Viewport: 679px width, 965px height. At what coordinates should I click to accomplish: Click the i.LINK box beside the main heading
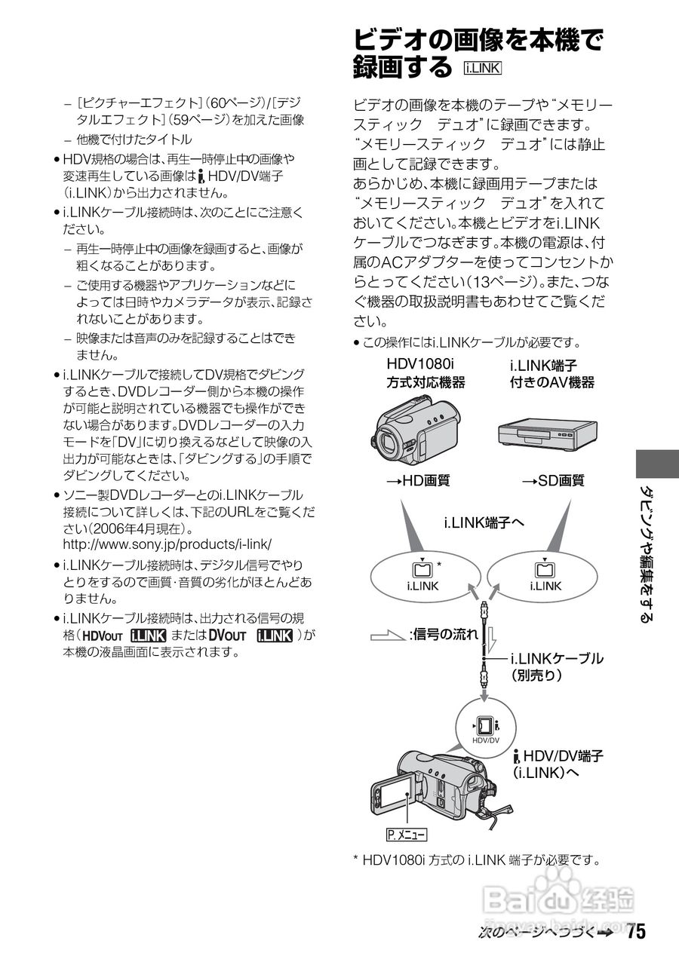click(x=484, y=69)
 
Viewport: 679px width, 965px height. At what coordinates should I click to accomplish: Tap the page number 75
click(x=635, y=932)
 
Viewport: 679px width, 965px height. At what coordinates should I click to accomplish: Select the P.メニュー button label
click(x=406, y=835)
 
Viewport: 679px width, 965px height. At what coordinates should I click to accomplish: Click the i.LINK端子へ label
click(x=483, y=522)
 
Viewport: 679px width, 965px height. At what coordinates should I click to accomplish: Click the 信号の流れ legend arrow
click(x=388, y=635)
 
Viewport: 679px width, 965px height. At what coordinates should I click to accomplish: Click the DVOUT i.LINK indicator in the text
click(x=250, y=636)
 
